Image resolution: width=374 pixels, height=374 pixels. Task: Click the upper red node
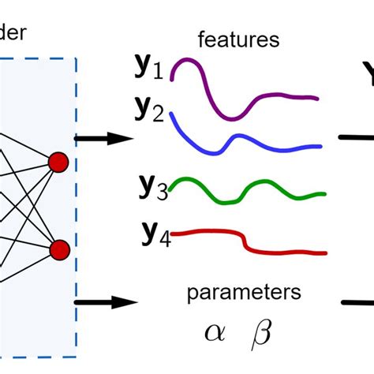[58, 163]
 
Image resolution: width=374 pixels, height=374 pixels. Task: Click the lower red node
[60, 251]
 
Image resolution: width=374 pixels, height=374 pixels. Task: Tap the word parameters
[244, 294]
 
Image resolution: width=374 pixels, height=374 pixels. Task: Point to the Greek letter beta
[260, 333]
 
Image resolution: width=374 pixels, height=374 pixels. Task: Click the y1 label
[147, 69]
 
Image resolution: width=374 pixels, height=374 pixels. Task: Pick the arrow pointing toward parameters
[106, 302]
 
